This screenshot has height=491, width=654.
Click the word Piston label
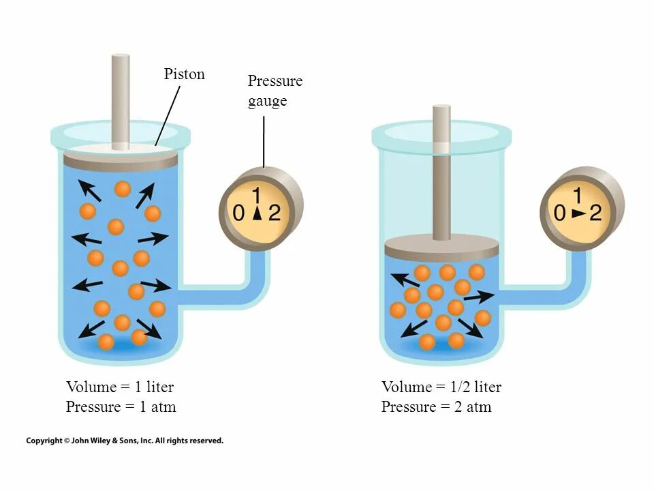[x=184, y=74]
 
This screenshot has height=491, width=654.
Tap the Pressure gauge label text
[x=275, y=91]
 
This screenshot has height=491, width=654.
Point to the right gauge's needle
[x=578, y=213]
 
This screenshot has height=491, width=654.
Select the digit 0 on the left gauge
[x=238, y=213]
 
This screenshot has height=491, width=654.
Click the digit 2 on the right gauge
[x=595, y=213]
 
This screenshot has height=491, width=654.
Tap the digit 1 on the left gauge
[x=257, y=195]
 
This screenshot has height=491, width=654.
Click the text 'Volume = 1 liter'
[x=120, y=387]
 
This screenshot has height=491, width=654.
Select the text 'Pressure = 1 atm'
[x=121, y=407]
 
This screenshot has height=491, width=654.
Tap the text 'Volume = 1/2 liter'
[x=441, y=387]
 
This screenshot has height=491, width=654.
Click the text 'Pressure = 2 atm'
[x=436, y=407]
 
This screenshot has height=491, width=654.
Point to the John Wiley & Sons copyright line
[x=125, y=441]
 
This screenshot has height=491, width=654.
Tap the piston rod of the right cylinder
[x=441, y=170]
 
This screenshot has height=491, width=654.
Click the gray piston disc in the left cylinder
[x=121, y=161]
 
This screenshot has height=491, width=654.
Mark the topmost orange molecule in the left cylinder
[x=123, y=189]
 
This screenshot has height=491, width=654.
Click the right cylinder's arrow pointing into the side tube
[x=478, y=297]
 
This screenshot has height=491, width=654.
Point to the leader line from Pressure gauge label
[x=264, y=140]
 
